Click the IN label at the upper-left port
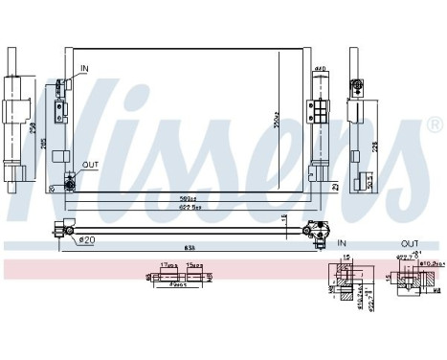[x=83, y=67]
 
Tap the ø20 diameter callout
[x=85, y=238]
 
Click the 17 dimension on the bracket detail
[x=166, y=266]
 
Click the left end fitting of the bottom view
[x=66, y=227]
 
